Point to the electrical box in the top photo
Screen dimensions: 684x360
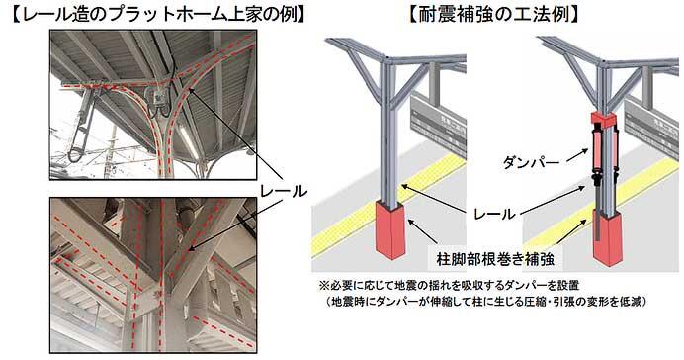coord(155,97)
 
